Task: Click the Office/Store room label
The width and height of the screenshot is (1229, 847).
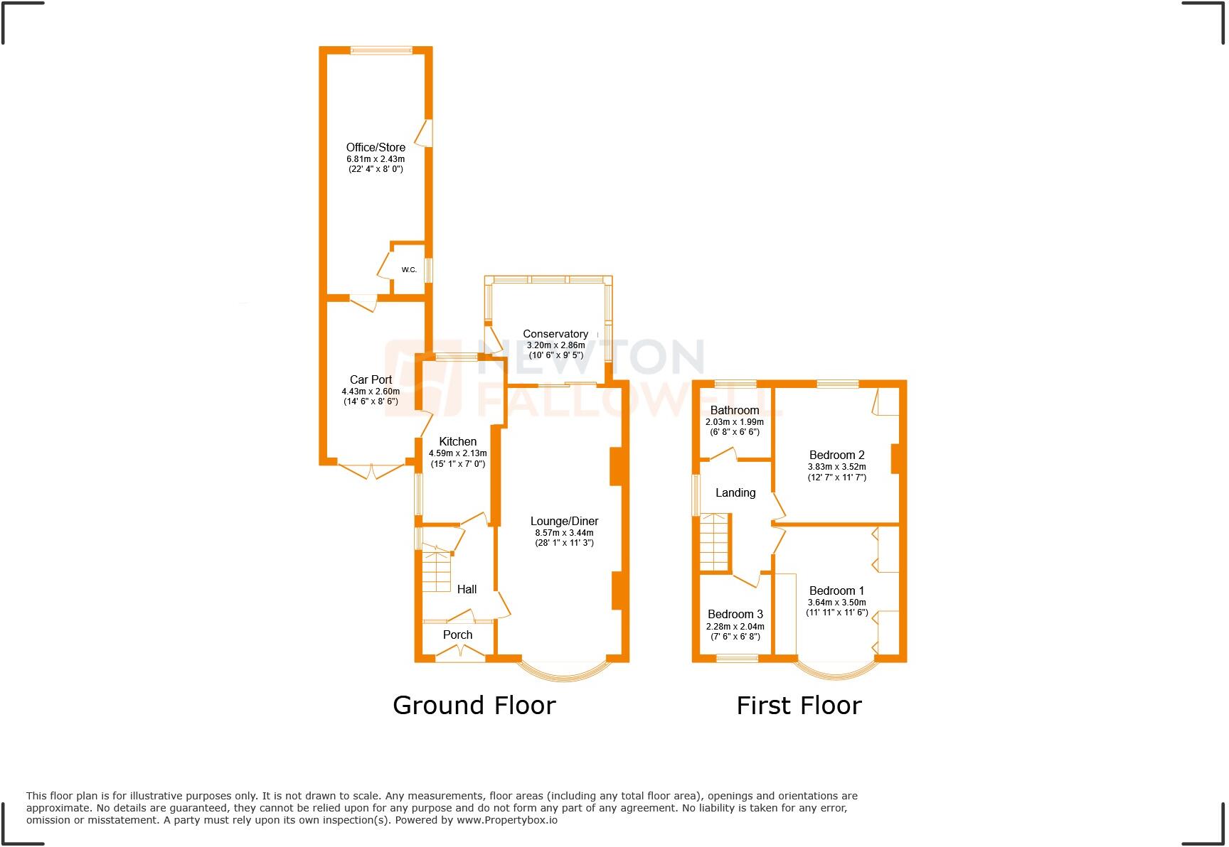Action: click(x=376, y=148)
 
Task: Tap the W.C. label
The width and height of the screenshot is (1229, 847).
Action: click(x=409, y=270)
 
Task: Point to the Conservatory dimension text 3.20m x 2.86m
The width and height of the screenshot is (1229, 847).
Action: click(x=555, y=345)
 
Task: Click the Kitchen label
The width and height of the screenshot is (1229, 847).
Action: click(x=457, y=442)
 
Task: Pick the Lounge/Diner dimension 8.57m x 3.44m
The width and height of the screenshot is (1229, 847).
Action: click(x=564, y=533)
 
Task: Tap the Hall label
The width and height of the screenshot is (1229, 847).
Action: click(x=467, y=589)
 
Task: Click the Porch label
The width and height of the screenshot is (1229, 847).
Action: click(x=457, y=635)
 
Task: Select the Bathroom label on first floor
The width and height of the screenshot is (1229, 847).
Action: click(x=735, y=411)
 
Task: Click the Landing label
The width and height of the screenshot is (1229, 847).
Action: click(x=735, y=493)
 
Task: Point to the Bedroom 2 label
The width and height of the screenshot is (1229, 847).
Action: click(x=836, y=455)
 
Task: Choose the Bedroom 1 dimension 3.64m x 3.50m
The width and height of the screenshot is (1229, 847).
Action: click(x=836, y=603)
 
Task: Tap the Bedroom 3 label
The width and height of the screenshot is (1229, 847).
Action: click(x=735, y=615)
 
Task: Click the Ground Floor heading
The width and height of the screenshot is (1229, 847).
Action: click(x=474, y=706)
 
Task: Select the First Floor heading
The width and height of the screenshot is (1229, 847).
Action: click(x=799, y=706)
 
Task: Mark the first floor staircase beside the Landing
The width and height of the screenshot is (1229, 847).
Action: click(x=715, y=542)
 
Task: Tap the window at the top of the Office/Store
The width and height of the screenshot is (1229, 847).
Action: click(x=381, y=50)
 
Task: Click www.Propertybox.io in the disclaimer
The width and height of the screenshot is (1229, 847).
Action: click(x=506, y=820)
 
